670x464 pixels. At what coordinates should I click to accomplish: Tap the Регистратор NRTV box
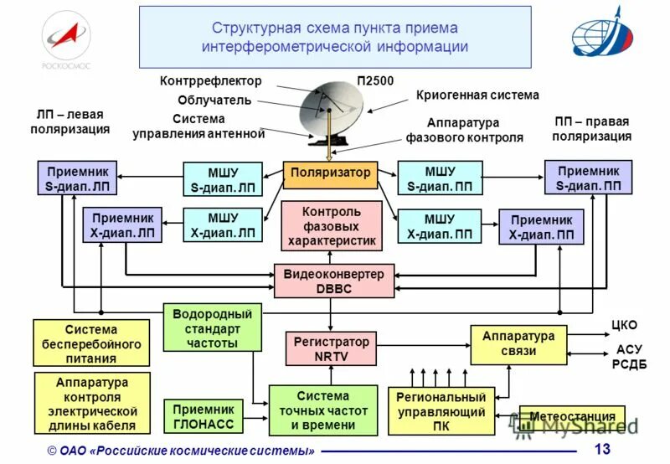330,349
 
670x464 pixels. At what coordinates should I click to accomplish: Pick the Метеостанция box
572,416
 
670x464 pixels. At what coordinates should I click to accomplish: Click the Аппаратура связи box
518,343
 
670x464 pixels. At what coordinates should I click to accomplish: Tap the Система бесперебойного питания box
90,344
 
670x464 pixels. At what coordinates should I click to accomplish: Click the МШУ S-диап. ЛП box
223,178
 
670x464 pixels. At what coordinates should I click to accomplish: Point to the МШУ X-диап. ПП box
439,226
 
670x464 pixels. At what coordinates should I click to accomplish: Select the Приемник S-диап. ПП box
588,178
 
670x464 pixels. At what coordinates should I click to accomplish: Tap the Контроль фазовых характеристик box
332,226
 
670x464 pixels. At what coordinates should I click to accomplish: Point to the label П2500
375,80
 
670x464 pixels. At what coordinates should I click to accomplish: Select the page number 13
601,450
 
